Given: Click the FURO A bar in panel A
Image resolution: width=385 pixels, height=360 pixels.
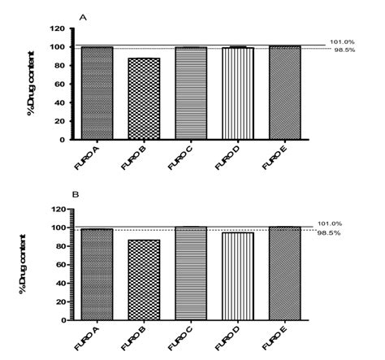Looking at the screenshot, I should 97,93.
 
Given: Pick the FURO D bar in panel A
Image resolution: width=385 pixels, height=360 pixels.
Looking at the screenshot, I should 238,93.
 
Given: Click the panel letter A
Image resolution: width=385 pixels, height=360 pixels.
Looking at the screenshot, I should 81,15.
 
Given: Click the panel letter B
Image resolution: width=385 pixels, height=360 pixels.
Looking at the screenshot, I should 76,195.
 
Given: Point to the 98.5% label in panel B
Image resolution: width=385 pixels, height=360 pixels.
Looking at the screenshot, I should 340,233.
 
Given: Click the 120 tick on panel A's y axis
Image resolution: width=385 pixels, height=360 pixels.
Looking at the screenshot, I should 58,28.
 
